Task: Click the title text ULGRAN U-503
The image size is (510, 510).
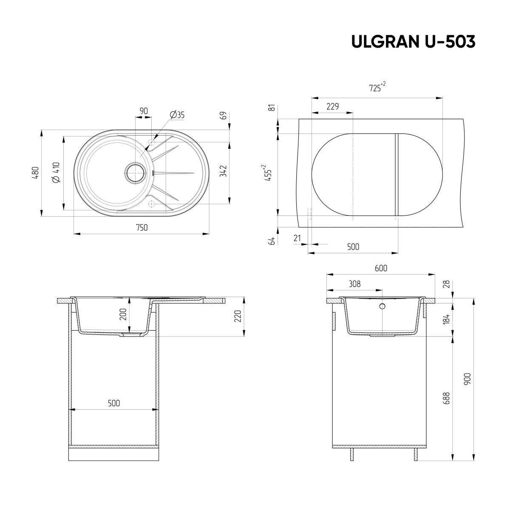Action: pos(413,41)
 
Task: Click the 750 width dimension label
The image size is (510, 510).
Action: pos(142,228)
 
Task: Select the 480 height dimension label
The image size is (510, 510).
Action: pos(36,173)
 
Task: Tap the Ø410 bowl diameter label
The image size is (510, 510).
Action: pos(56,173)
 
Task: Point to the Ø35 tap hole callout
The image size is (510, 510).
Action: pos(177,115)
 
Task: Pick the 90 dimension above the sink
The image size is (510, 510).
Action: pos(144,111)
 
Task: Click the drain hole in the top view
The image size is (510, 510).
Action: pos(135,173)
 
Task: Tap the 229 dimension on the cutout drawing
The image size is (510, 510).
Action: pos(332,107)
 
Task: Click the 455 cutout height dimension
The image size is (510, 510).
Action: pos(268,173)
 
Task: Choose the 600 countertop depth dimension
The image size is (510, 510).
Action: pos(381,268)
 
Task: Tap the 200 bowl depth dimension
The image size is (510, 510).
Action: pos(123,314)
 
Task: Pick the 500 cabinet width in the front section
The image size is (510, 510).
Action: pos(113,403)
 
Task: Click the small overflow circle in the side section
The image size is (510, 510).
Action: pos(382,306)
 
